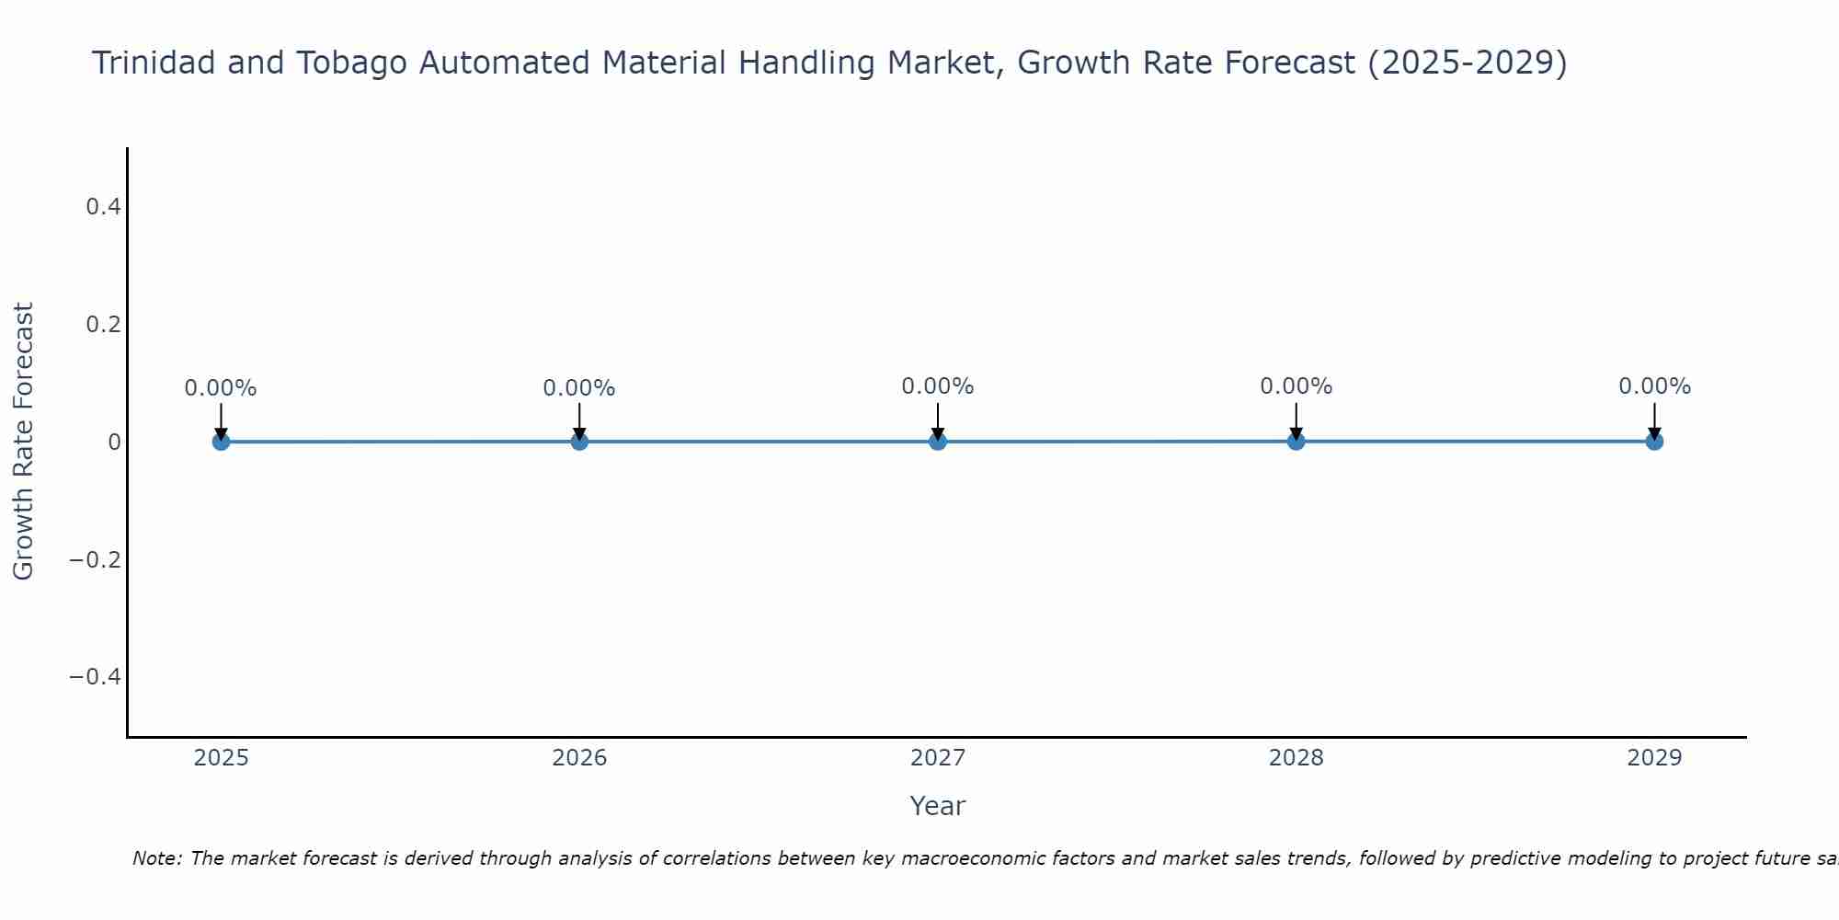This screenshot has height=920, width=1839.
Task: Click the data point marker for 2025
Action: [x=221, y=442]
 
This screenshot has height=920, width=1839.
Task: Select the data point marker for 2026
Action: [x=579, y=442]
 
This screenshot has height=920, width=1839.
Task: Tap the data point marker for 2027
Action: [x=938, y=442]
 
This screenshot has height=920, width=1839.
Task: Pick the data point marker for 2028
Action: [x=1296, y=442]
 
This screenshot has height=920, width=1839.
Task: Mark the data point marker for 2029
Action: [x=1654, y=442]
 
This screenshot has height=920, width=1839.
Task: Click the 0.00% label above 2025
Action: [x=221, y=388]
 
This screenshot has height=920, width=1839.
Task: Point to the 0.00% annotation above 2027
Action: [x=938, y=386]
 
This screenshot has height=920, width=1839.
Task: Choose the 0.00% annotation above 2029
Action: [x=1654, y=386]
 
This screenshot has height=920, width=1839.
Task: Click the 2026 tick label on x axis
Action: [x=579, y=758]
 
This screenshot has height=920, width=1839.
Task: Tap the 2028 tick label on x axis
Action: [x=1296, y=758]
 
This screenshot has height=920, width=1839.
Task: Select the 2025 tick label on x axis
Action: [x=221, y=758]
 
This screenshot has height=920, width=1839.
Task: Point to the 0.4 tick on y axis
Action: [x=103, y=207]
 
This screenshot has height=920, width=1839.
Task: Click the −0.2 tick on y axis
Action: [x=96, y=559]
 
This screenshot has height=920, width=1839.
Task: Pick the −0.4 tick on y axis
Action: [x=96, y=677]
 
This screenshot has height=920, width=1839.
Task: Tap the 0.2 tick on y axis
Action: [x=103, y=325]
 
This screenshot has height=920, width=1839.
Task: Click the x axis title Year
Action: [x=937, y=806]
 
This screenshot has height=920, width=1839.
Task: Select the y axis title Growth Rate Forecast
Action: [x=23, y=442]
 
